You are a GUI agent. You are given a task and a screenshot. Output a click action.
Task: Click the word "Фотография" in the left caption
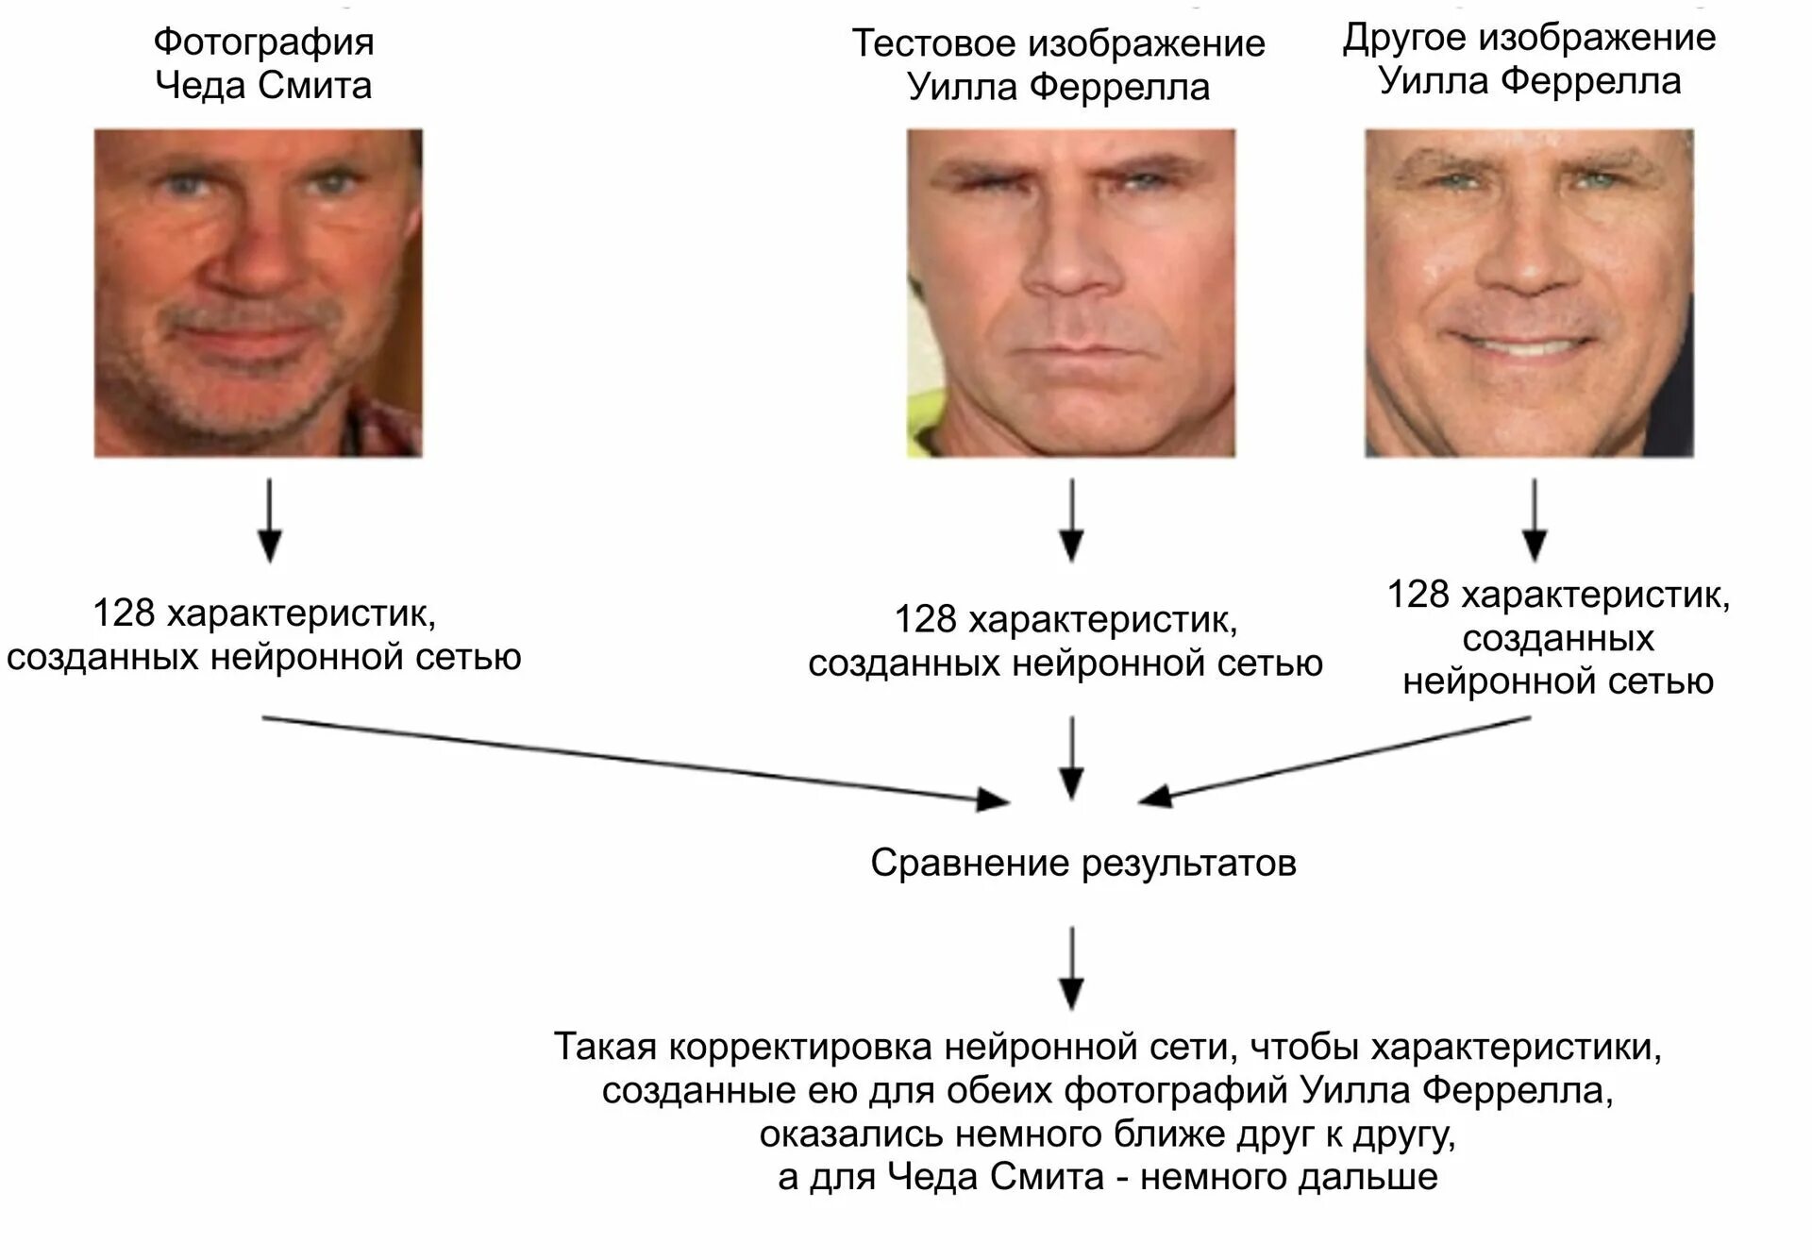(x=263, y=42)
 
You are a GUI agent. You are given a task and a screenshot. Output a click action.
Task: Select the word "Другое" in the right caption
(x=1403, y=38)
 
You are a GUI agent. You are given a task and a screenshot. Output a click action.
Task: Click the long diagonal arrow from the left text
(x=632, y=760)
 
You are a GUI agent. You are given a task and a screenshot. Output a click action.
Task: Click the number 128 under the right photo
(x=1418, y=595)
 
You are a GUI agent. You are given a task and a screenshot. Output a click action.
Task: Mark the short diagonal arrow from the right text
(x=1335, y=759)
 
